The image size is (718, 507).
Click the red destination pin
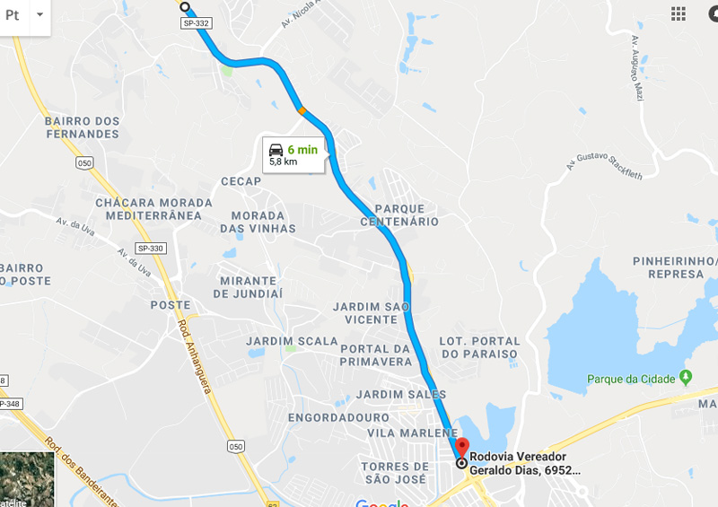[x=461, y=446]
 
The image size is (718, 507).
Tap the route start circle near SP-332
[x=185, y=7]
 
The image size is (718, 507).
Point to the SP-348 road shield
[x=8, y=404]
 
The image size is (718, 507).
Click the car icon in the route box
[x=276, y=150]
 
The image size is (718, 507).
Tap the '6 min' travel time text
[x=302, y=150]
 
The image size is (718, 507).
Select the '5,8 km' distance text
[x=283, y=162]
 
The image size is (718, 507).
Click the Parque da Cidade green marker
[x=686, y=378]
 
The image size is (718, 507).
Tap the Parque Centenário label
[x=400, y=215]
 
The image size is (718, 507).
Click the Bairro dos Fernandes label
[x=82, y=127]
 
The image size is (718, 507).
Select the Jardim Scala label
[x=293, y=341]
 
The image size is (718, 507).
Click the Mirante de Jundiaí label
[x=250, y=287]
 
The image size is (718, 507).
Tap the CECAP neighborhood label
[x=241, y=181]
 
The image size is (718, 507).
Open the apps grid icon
[x=679, y=13]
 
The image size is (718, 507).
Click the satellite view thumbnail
[x=27, y=479]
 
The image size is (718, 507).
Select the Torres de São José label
[x=395, y=473]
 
